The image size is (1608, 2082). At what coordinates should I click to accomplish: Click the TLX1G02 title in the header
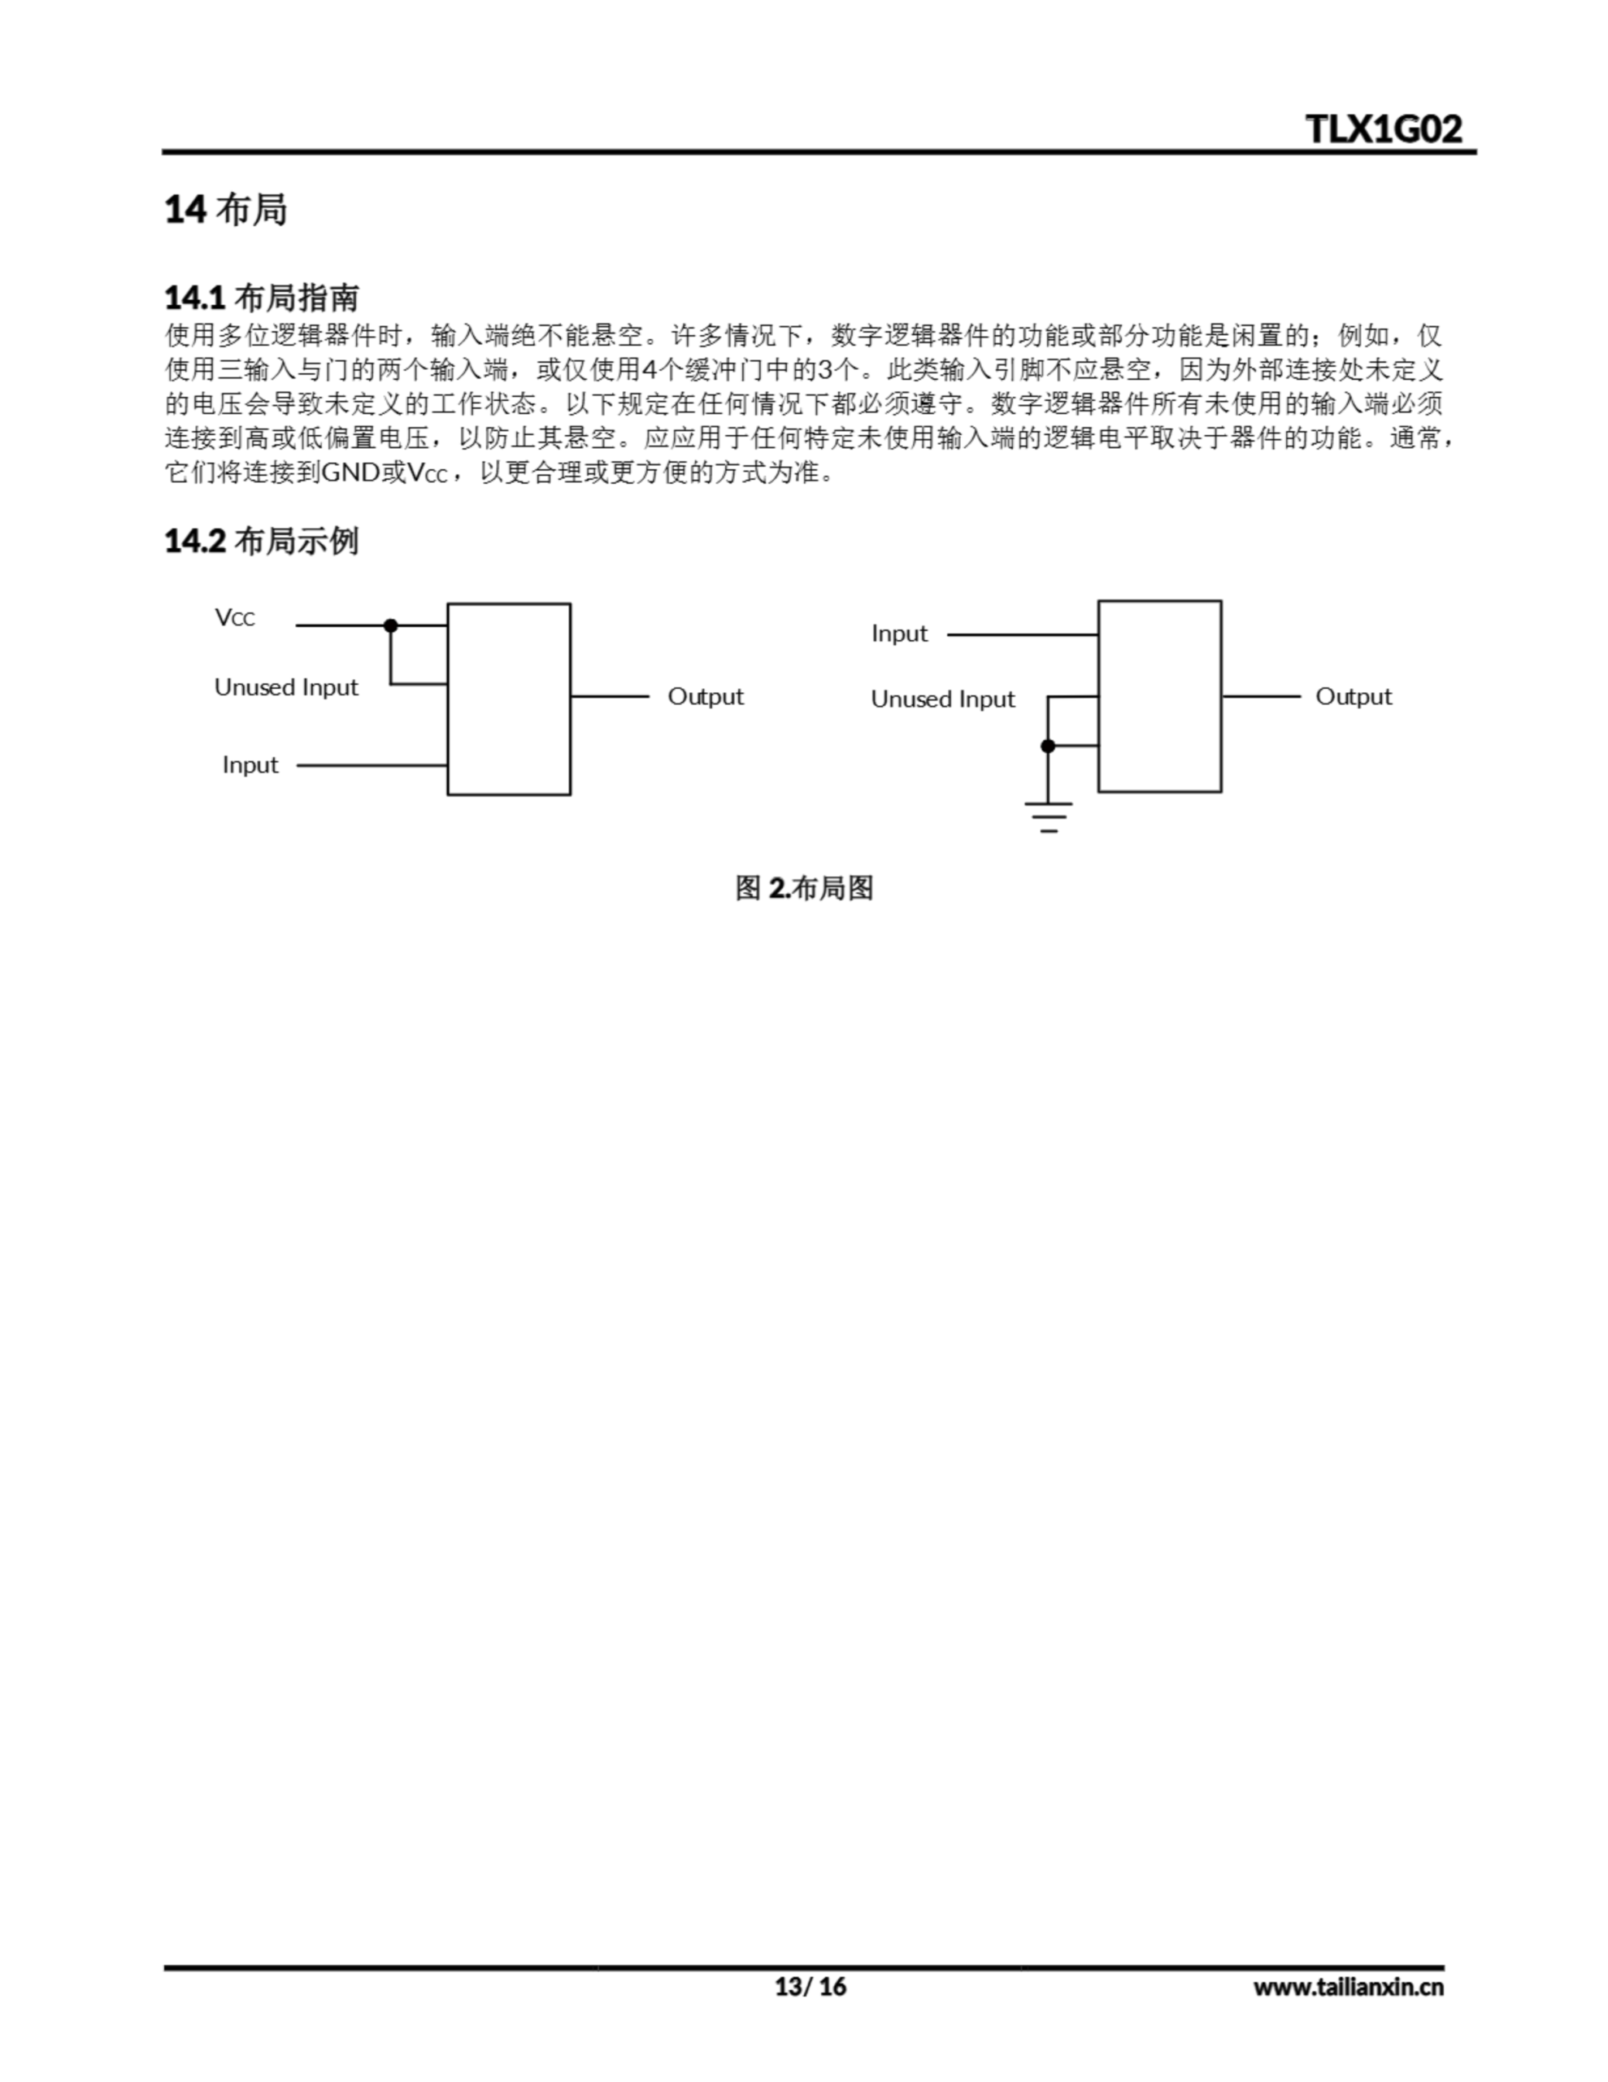(1383, 128)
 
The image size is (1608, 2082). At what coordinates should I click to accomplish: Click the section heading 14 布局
(226, 209)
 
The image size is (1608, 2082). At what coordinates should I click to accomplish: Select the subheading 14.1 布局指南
(262, 298)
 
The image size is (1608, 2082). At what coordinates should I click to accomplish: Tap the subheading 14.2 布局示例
(262, 541)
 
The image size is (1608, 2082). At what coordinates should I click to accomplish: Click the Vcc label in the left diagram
(234, 618)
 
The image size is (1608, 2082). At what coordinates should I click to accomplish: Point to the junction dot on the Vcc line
(391, 625)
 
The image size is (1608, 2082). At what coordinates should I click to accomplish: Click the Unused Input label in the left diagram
(286, 687)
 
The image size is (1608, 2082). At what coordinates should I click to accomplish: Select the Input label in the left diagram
(250, 765)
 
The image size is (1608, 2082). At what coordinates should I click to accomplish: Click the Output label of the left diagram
(706, 697)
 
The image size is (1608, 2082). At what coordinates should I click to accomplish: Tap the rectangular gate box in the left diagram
(509, 699)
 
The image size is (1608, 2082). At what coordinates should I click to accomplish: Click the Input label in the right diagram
(899, 634)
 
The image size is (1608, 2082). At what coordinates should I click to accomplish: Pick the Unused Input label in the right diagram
(943, 699)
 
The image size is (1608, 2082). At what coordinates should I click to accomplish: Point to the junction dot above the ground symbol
(1049, 747)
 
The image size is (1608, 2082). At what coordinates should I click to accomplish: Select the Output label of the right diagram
(1354, 697)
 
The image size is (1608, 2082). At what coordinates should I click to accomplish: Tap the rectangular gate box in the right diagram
(1160, 696)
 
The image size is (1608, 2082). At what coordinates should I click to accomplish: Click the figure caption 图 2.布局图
(805, 888)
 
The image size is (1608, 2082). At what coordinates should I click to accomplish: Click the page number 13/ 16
(811, 1987)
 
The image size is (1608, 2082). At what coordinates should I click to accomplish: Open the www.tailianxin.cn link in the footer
(1349, 1987)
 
